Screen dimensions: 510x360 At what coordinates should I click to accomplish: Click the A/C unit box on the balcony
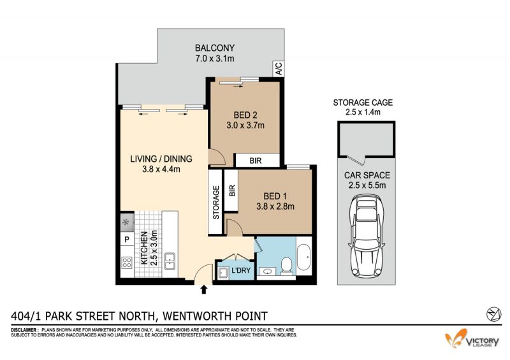(279, 68)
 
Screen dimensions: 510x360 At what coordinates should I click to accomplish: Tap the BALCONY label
(215, 48)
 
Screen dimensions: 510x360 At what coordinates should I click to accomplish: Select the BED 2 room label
(245, 115)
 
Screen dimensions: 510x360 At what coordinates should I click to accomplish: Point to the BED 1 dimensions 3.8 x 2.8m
(275, 206)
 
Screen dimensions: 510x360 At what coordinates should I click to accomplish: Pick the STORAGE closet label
(216, 202)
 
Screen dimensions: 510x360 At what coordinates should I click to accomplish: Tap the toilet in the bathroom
(286, 264)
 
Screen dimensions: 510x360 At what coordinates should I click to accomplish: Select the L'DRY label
(241, 270)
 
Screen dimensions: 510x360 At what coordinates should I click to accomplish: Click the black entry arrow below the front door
(204, 289)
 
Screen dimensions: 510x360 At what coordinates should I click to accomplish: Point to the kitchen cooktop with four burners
(127, 263)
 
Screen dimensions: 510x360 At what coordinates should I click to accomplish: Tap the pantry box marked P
(127, 240)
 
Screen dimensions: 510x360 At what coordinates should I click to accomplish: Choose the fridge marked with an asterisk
(127, 222)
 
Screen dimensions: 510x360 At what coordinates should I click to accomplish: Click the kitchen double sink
(170, 261)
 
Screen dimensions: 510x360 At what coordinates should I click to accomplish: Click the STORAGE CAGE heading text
(363, 103)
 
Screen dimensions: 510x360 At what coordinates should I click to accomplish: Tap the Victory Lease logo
(472, 339)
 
